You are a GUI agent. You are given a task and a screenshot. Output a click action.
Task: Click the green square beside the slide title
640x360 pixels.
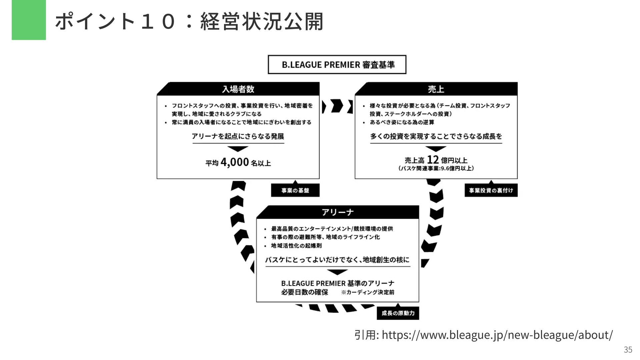pos(29,20)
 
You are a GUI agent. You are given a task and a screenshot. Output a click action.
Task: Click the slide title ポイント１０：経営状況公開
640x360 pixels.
pos(189,21)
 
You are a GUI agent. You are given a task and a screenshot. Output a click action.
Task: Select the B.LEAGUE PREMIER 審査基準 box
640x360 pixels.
pos(337,64)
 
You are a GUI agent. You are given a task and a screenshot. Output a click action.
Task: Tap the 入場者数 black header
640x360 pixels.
pos(238,89)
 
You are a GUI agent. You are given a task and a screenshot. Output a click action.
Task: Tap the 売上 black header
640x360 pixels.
pos(436,89)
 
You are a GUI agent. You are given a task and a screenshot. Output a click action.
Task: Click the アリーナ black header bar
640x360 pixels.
pos(337,212)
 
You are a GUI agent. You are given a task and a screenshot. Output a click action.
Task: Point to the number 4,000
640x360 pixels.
pos(235,162)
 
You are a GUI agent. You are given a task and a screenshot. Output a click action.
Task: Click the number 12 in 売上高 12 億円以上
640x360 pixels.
pos(433,160)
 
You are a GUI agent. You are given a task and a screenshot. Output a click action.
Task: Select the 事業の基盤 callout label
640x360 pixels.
pos(295,190)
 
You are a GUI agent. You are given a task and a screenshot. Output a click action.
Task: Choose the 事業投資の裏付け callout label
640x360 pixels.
pos(491,190)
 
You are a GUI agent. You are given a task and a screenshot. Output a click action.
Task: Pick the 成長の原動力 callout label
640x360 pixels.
pos(398,313)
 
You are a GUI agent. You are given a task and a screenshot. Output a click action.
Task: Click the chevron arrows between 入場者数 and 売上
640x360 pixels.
pos(337,106)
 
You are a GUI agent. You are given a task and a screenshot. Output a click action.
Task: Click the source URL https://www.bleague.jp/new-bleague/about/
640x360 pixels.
pos(497,335)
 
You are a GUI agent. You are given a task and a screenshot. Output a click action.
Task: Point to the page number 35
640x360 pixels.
pos(628,350)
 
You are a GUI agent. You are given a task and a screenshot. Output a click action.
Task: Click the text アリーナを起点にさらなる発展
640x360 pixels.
pos(238,136)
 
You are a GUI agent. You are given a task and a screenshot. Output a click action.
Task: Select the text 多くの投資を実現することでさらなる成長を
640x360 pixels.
pos(436,136)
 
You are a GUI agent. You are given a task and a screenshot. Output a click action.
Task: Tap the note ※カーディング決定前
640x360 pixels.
pos(367,292)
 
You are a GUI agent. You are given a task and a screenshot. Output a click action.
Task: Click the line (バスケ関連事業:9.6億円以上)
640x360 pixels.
pos(436,168)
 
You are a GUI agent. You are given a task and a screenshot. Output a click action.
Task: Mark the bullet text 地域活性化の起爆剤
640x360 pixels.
pos(296,246)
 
